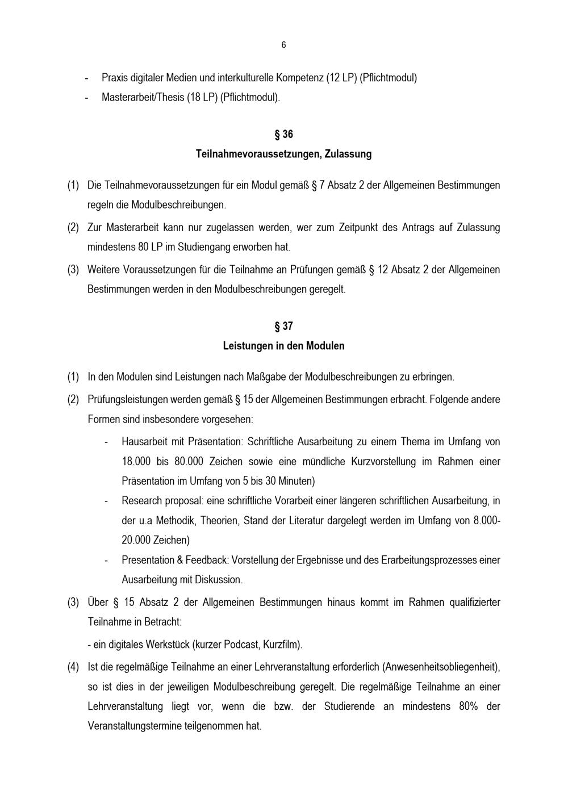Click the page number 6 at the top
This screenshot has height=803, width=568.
pyautogui.click(x=283, y=45)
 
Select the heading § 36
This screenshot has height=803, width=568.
pyautogui.click(x=283, y=135)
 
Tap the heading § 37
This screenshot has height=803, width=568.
pyautogui.click(x=283, y=327)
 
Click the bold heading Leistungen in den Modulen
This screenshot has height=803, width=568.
pyautogui.click(x=283, y=346)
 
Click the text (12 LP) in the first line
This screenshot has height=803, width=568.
pyautogui.click(x=341, y=78)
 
